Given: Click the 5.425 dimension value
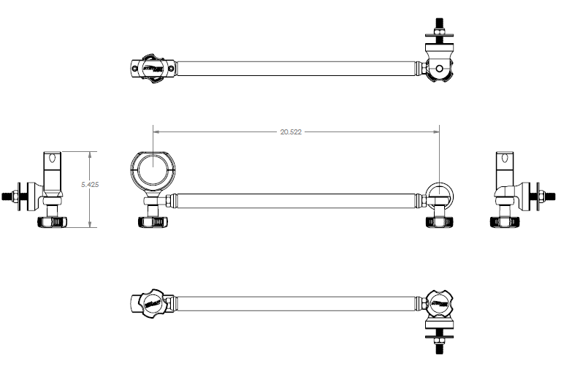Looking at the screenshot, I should [90, 185].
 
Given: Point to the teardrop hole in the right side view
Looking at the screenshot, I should [504, 159].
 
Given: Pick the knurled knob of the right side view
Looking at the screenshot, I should [503, 221].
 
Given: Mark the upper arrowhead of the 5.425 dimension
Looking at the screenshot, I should [90, 154].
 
